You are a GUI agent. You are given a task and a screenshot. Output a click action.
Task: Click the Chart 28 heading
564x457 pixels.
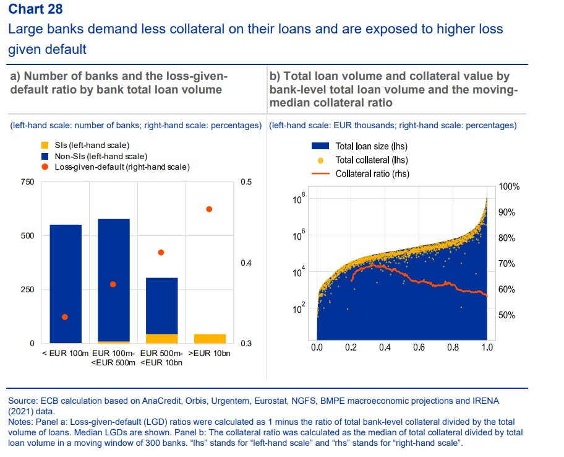[35, 9]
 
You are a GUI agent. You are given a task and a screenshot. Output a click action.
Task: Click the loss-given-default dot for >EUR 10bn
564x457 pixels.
[210, 209]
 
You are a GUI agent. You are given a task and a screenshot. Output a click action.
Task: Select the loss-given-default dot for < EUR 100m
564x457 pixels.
[65, 317]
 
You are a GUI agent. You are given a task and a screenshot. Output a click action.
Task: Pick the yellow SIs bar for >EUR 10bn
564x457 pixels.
[210, 339]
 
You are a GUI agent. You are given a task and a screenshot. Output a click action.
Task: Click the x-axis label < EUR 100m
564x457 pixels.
[65, 354]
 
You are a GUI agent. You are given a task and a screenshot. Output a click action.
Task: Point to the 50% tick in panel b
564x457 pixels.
[506, 315]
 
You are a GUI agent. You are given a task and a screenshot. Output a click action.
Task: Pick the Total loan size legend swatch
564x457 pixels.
[320, 147]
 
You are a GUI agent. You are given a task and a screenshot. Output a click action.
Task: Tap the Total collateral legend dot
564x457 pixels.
[320, 160]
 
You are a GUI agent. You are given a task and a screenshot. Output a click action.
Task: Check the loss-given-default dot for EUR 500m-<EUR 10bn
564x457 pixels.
[161, 253]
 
